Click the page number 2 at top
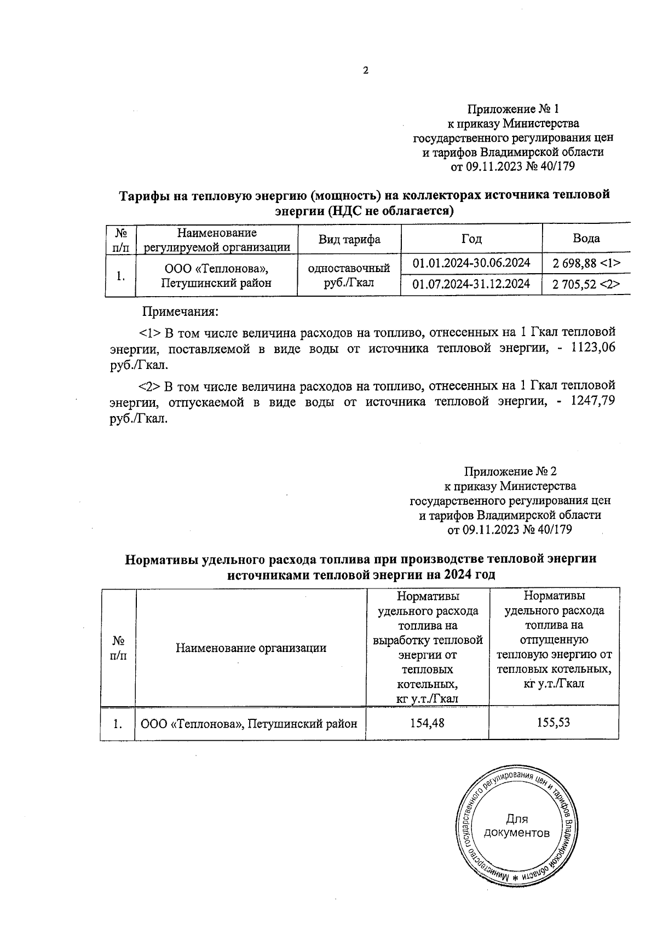point(365,71)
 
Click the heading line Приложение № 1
point(512,109)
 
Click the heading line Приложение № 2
point(510,471)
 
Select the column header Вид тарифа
point(349,239)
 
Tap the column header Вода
point(586,238)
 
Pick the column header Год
point(471,239)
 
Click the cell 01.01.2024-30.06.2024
point(471,263)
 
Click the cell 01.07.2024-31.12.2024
point(471,284)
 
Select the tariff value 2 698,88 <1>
point(586,263)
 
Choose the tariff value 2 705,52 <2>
point(586,284)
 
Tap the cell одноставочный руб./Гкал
point(349,275)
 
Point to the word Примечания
point(180,312)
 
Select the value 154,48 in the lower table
point(427,723)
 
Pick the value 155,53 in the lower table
point(554,723)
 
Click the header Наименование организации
point(251,648)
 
